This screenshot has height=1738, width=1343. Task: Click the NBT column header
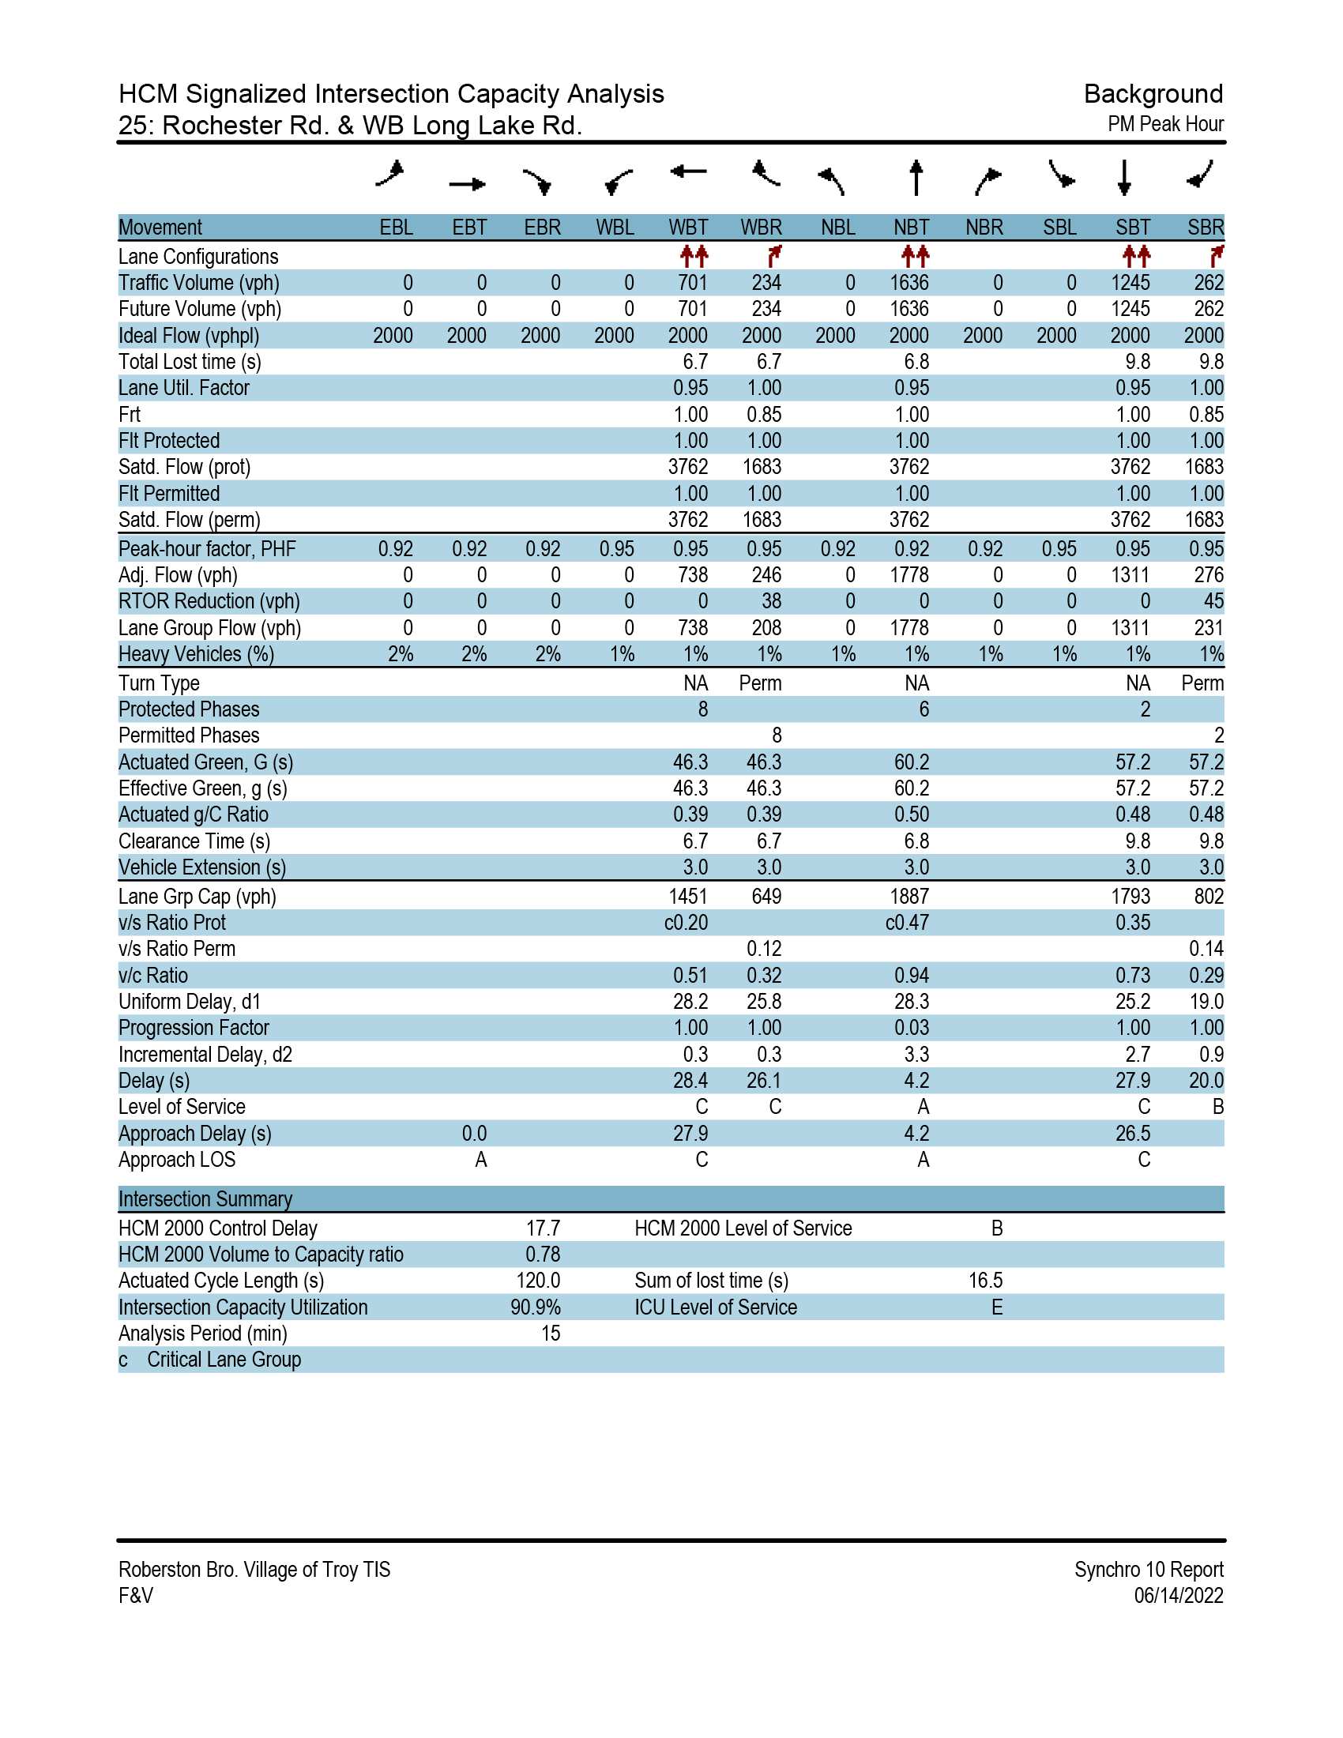(x=911, y=228)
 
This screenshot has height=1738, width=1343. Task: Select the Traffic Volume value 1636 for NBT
(x=909, y=284)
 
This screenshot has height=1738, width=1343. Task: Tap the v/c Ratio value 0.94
(x=912, y=976)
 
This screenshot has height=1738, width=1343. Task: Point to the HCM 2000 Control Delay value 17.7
(x=544, y=1228)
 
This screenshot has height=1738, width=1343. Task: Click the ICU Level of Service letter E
(x=997, y=1307)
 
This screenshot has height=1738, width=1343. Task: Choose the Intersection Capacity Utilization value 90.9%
(x=536, y=1307)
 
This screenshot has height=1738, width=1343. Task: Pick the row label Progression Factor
(x=194, y=1028)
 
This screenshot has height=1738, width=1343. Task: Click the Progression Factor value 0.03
(x=912, y=1028)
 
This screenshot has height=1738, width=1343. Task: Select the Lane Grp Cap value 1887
(x=909, y=897)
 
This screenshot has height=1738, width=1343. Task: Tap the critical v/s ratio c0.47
(x=907, y=923)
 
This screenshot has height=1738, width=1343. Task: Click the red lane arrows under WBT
(x=694, y=256)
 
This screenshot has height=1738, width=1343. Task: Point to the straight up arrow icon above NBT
(x=916, y=178)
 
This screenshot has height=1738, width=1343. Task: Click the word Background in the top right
(x=1153, y=95)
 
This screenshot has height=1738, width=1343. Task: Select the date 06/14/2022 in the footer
(x=1179, y=1596)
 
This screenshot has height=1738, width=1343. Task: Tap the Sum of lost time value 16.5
(x=986, y=1281)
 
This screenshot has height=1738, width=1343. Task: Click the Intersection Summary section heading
(x=205, y=1199)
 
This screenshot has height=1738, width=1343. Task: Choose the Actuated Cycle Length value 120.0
(x=539, y=1281)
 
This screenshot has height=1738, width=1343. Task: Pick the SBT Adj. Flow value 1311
(x=1130, y=575)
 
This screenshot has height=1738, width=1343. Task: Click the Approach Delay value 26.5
(x=1133, y=1134)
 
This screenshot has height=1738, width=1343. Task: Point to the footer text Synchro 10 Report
(x=1149, y=1569)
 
